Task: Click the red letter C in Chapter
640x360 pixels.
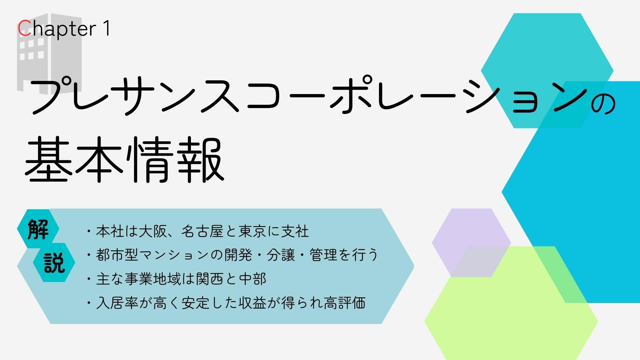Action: [x=24, y=29]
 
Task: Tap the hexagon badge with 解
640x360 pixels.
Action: [x=38, y=229]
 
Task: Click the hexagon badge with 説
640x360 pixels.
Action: [x=54, y=263]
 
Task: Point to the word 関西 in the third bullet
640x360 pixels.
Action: [x=210, y=279]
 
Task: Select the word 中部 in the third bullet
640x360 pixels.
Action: [x=252, y=279]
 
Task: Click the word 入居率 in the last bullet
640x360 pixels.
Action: [x=117, y=303]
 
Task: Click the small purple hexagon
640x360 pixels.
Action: [x=471, y=243]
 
